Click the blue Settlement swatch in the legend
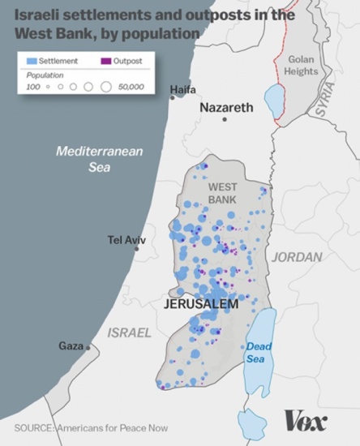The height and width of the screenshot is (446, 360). (32, 60)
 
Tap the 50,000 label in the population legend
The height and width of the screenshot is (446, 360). (130, 85)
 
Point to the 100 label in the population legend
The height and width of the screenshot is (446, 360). (32, 85)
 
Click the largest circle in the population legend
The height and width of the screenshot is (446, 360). (106, 85)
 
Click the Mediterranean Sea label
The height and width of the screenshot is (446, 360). (88, 159)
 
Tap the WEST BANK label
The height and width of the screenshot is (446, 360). (222, 192)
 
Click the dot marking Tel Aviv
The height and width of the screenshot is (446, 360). (136, 249)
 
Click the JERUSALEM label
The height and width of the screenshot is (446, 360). (201, 304)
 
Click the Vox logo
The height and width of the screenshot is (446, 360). (305, 421)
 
